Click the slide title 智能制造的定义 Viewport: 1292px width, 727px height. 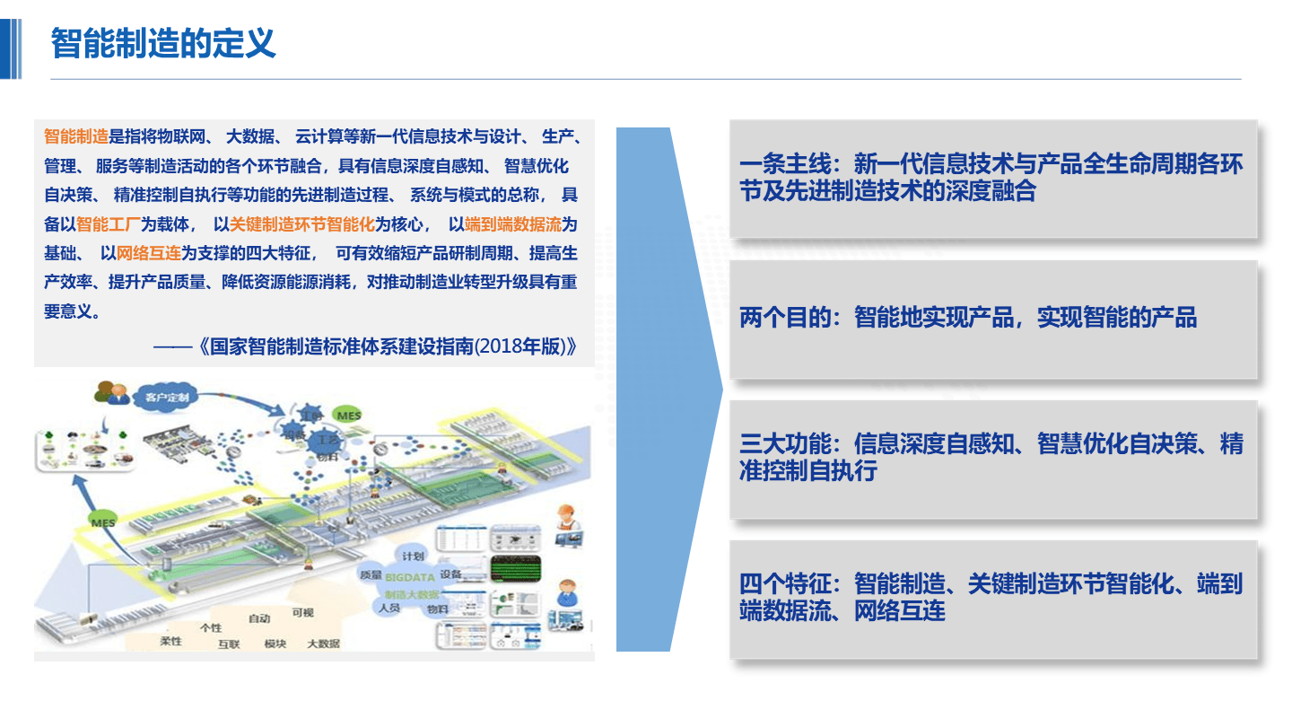tap(163, 43)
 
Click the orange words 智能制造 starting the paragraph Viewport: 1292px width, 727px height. tap(76, 137)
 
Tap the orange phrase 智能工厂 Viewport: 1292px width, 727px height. tap(109, 224)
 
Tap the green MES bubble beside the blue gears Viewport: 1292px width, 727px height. tap(348, 416)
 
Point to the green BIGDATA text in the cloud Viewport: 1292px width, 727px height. tap(410, 578)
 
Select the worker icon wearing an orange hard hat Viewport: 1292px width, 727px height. tap(565, 518)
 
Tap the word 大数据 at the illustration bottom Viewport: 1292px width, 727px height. tap(324, 644)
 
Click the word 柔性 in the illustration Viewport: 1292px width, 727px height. tap(170, 641)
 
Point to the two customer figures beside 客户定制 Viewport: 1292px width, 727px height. tap(112, 393)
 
